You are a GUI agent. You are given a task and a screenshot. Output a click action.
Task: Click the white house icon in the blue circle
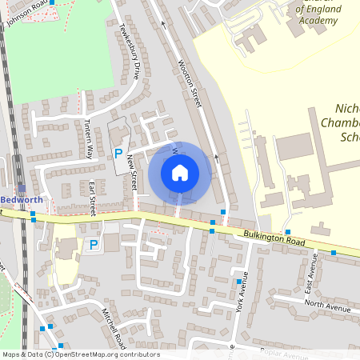pos(180,172)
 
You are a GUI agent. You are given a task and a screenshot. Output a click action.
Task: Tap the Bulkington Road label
pos(274,238)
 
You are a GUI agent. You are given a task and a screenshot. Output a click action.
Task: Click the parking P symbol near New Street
pos(118,153)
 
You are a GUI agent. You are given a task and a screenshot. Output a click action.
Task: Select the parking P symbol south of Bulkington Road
pos(93,245)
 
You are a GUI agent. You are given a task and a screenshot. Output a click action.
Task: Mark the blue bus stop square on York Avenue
pos(238,282)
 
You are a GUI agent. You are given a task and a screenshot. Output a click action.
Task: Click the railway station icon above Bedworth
pos(22,188)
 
